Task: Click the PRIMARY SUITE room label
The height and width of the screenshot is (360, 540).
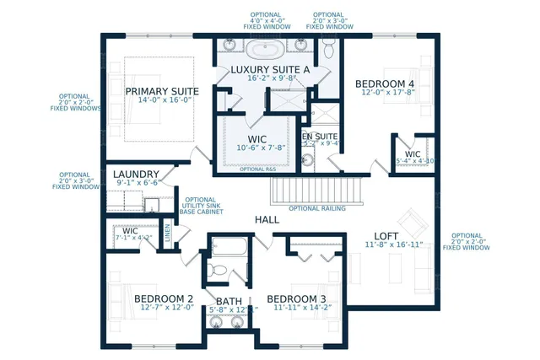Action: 162,91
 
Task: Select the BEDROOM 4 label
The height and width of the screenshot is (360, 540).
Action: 385,83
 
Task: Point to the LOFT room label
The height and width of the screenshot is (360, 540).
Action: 386,235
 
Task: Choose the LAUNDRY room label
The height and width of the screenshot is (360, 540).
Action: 137,174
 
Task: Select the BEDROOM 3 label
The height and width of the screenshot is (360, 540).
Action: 296,298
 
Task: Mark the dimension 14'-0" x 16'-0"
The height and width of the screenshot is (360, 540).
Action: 162,101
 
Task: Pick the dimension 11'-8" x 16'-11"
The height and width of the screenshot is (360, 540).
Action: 387,245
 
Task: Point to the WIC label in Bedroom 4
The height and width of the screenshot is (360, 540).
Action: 413,153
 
